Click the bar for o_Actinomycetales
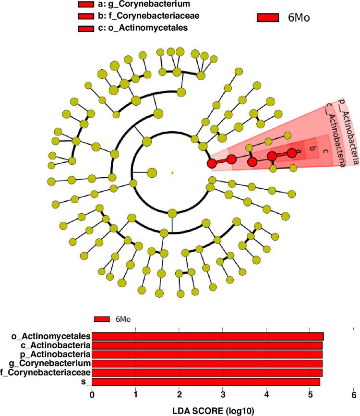pyautogui.click(x=207, y=336)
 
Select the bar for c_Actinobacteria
pyautogui.click(x=207, y=345)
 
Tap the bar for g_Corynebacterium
pyautogui.click(x=207, y=364)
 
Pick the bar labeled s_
pyautogui.click(x=206, y=382)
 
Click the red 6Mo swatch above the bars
pyautogui.click(x=103, y=319)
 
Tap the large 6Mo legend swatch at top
pyautogui.click(x=268, y=18)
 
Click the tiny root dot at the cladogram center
pyautogui.click(x=172, y=172)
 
